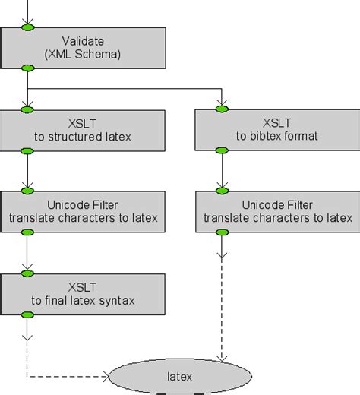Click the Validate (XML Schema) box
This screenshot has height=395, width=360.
click(x=83, y=47)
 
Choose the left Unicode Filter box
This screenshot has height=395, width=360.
click(x=83, y=211)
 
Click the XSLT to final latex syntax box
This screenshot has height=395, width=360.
click(x=83, y=293)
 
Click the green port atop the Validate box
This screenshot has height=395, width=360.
click(x=28, y=27)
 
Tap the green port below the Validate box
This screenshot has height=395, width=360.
click(x=28, y=68)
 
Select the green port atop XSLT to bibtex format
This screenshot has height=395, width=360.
click(x=222, y=109)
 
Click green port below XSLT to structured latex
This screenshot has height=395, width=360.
click(x=28, y=150)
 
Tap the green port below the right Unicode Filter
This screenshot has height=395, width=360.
click(x=222, y=232)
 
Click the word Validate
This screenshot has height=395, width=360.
click(x=83, y=40)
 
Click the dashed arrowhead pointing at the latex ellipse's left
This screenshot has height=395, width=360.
click(x=106, y=376)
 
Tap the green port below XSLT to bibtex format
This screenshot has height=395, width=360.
click(x=222, y=150)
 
